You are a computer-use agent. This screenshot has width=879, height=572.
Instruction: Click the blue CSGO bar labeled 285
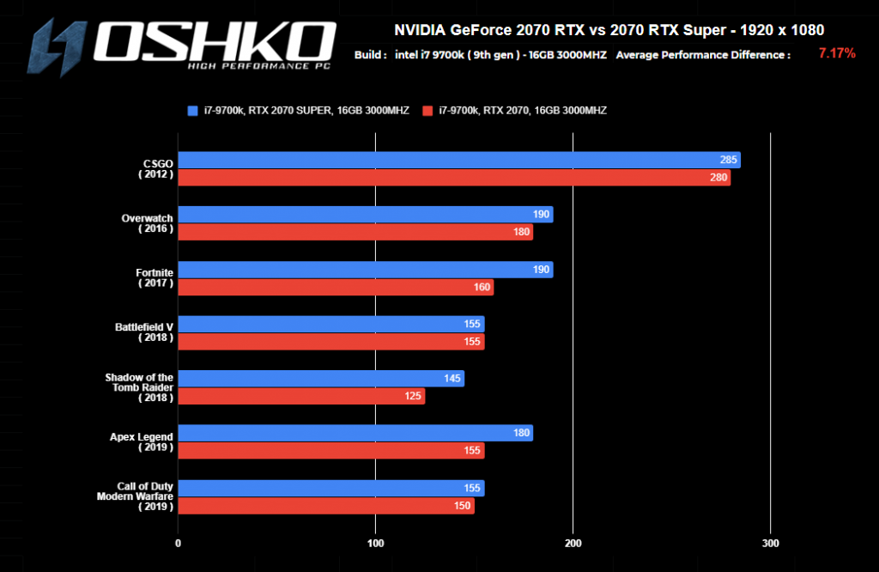tap(458, 161)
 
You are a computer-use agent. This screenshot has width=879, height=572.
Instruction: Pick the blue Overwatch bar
tap(365, 215)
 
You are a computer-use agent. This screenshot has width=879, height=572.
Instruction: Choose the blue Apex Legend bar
tap(355, 433)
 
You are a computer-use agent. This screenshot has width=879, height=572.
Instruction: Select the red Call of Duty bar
tap(325, 506)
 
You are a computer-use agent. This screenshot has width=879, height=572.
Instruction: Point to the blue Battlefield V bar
tap(330, 324)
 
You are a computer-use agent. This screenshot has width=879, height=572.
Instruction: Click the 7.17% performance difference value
tap(836, 54)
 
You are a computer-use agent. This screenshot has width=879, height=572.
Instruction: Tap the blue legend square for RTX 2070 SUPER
tap(192, 111)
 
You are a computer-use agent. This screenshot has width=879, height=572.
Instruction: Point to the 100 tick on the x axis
tap(375, 543)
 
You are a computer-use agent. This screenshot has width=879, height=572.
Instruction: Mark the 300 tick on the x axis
tap(771, 543)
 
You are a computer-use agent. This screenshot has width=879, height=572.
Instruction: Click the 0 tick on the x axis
tap(178, 543)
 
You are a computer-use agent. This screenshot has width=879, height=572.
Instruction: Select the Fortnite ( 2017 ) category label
tap(155, 278)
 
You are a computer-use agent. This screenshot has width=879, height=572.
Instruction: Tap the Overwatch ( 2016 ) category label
tap(148, 223)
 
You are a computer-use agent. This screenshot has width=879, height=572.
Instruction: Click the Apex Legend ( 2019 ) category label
tap(142, 441)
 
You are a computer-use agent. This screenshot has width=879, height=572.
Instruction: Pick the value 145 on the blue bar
tap(451, 379)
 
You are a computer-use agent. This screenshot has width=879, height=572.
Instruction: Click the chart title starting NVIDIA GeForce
tap(609, 30)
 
